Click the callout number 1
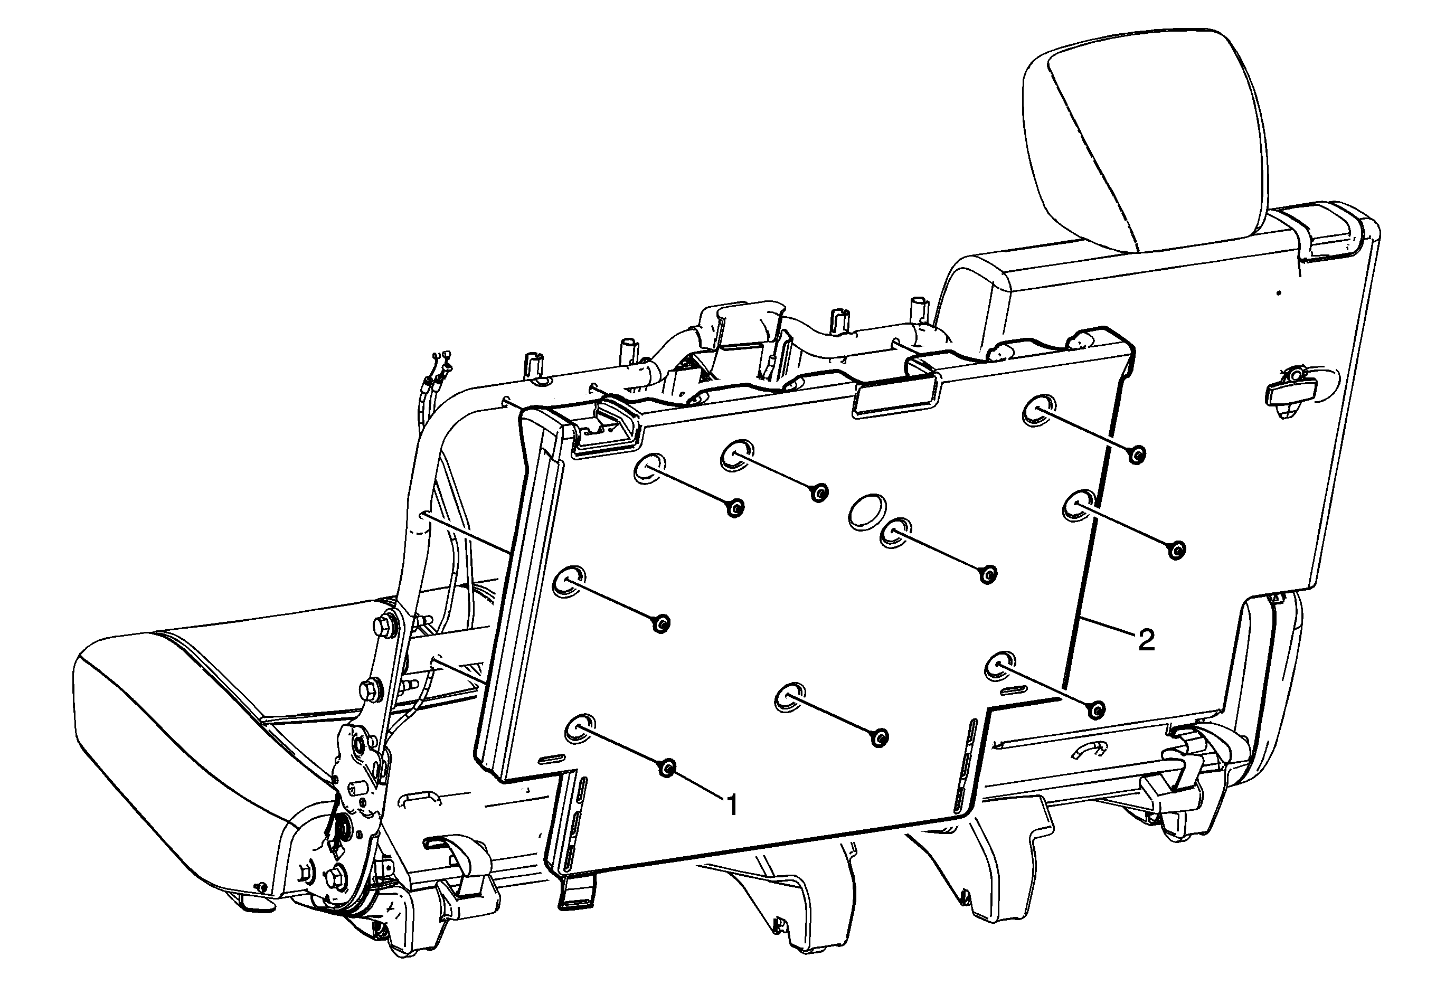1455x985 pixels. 731,805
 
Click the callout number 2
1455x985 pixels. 1146,640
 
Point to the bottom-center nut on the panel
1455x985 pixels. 880,738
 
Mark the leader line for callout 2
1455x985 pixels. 1107,627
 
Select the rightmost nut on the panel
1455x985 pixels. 1176,550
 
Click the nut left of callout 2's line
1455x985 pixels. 1095,709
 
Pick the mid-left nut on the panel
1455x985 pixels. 661,623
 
